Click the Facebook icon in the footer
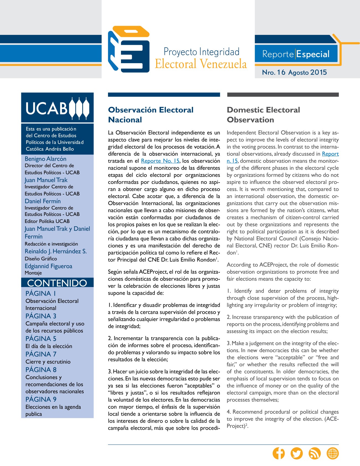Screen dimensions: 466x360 pos(279,453)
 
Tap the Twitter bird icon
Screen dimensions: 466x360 pos(297,453)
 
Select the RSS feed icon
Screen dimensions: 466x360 pos(315,453)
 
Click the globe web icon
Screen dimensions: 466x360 pos(333,453)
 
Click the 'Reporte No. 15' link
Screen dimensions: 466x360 pos(160,161)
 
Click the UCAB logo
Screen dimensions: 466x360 pos(57,108)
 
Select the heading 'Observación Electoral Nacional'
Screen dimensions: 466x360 pos(151,115)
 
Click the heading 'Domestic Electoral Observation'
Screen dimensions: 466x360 pos(263,115)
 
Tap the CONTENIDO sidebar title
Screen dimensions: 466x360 pos(57,283)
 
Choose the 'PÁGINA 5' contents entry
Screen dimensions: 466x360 pos(41,339)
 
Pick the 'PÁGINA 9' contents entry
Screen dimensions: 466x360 pos(41,399)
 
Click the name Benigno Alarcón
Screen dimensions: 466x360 pos(45,159)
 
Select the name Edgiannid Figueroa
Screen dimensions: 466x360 pos(48,266)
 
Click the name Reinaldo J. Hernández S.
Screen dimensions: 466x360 pos(56,251)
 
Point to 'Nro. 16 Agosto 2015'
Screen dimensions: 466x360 pos(294,72)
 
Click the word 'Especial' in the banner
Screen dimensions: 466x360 pos(313,54)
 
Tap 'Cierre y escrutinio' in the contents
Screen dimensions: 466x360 pos(48,362)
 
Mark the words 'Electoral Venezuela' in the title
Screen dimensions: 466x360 pos(201,64)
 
